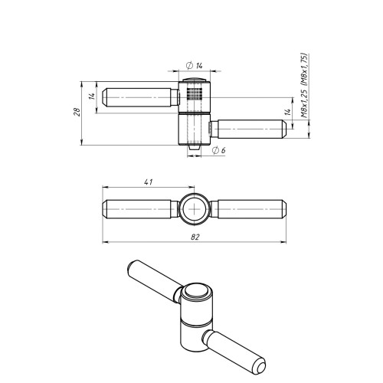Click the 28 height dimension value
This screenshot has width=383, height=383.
77,112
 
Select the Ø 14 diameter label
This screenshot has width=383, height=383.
195,66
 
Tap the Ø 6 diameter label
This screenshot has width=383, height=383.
218,150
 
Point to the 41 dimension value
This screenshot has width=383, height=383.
149,182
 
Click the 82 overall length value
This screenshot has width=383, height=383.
195,237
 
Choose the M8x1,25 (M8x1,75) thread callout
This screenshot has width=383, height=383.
305,86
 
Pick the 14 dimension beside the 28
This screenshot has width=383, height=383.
92,96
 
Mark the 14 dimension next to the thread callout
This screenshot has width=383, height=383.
288,112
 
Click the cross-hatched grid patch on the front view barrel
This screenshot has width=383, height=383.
195,93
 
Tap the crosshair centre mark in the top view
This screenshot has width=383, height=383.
195,209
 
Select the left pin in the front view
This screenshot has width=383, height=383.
141,97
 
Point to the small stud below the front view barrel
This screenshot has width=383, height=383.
194,148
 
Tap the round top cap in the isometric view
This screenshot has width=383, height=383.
196,292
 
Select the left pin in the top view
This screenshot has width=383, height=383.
141,209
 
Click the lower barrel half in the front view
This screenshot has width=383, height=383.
194,129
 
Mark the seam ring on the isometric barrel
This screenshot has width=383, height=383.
196,322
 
